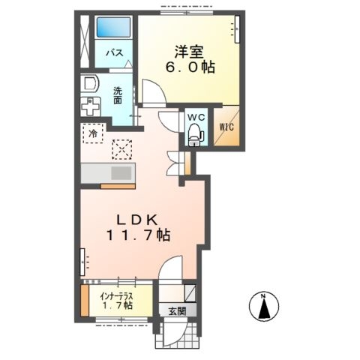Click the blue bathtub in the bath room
(114, 27)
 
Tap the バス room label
(114, 53)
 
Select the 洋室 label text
(189, 52)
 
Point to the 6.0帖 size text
(190, 67)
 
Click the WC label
(196, 117)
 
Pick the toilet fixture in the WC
(196, 134)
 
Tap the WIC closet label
(226, 127)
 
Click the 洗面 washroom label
(118, 95)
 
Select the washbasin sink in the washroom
(90, 83)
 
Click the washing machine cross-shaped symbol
(90, 106)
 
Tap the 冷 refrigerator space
(93, 133)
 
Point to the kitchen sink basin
(121, 173)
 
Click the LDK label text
(137, 220)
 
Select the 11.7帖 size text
(138, 235)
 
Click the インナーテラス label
(116, 297)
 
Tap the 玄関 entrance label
(177, 311)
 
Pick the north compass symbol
(264, 306)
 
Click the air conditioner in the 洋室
(237, 29)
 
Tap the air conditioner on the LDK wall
(83, 262)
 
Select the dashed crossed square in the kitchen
(122, 149)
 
